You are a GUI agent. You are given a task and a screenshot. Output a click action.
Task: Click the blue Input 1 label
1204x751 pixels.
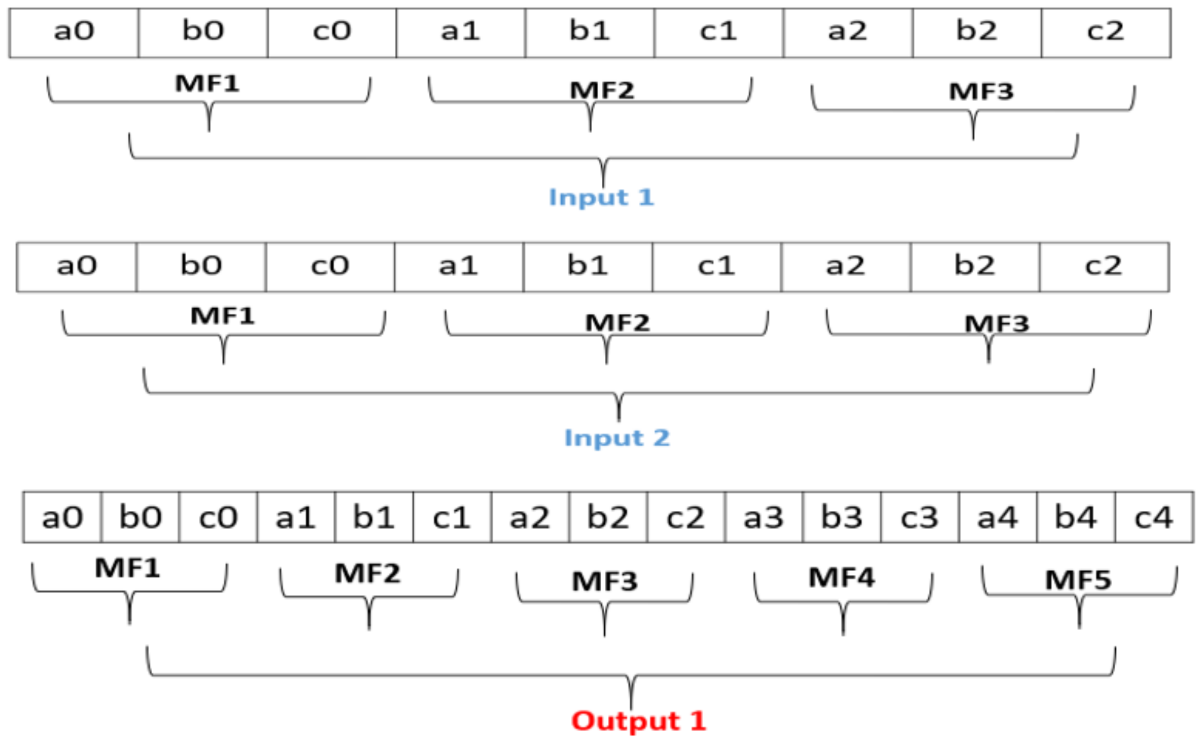(601, 198)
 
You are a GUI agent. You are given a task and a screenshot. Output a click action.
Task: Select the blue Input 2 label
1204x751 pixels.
(616, 438)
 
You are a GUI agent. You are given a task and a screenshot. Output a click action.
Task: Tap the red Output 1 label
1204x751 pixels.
(638, 721)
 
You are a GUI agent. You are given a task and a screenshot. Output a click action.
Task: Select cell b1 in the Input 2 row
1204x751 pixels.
(588, 267)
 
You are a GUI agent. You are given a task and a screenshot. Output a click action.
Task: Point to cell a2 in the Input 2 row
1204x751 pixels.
(846, 267)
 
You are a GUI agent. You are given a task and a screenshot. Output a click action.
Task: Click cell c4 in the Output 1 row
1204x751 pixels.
(1154, 517)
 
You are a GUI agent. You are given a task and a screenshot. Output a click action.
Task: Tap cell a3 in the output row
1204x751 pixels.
(764, 517)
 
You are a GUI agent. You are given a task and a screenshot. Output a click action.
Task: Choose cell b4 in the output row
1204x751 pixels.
(1076, 517)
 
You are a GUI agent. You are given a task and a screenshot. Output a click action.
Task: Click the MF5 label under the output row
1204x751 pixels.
(1078, 580)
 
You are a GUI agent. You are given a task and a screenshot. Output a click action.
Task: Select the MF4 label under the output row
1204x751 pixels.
(841, 577)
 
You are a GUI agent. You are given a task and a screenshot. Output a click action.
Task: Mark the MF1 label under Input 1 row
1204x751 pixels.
(207, 84)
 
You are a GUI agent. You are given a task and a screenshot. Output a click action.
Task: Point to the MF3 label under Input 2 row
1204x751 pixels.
(996, 323)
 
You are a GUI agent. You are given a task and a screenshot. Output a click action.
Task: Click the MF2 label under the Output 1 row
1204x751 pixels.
(367, 574)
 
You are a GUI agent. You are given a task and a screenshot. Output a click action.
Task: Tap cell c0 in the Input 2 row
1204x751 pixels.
(330, 267)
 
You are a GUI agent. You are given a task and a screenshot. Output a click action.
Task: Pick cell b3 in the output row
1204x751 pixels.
(842, 517)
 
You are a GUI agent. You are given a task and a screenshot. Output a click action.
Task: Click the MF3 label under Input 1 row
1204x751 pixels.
(981, 92)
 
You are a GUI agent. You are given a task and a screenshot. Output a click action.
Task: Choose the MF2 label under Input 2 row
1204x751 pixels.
(617, 322)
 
